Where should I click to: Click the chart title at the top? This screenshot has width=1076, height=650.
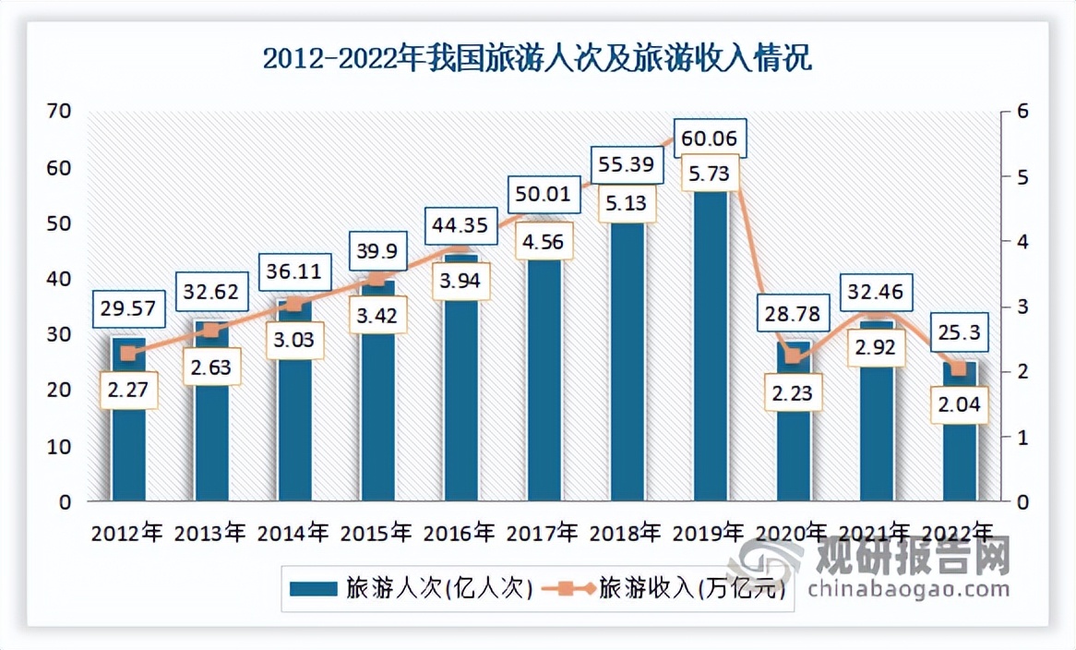click(x=537, y=60)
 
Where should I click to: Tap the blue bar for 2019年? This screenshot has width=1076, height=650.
click(x=710, y=351)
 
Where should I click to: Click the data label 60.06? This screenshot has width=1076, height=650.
click(x=710, y=138)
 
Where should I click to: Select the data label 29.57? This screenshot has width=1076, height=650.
click(x=128, y=308)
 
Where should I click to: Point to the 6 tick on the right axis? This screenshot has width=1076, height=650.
click(x=1022, y=112)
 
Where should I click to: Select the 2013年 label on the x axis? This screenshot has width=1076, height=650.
click(x=210, y=533)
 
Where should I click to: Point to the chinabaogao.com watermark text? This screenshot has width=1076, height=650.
click(x=909, y=588)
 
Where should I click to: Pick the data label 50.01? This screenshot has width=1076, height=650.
click(x=544, y=196)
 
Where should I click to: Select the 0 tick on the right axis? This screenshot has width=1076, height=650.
click(x=1022, y=502)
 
